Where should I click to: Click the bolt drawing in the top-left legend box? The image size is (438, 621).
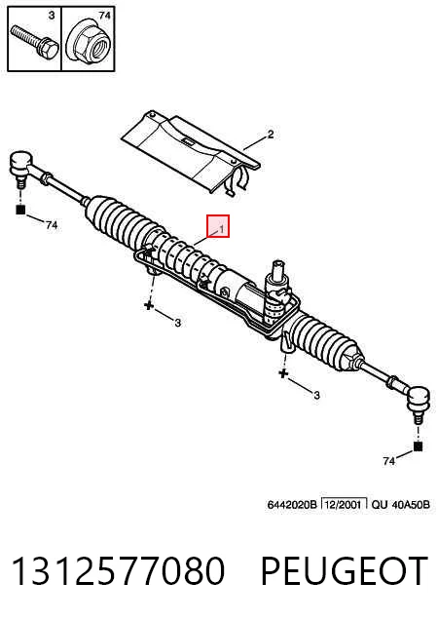point(35,42)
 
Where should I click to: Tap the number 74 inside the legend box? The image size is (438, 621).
point(104,16)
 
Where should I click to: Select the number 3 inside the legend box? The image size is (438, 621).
point(52,16)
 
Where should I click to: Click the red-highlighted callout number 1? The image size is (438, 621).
point(222,229)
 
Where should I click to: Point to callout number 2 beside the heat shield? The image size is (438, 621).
point(271,135)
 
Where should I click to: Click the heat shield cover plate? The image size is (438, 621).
point(190,152)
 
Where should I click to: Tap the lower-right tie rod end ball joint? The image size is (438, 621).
point(418,403)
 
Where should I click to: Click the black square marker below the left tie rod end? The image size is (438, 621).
point(20,210)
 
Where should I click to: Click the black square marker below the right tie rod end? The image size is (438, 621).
point(418,446)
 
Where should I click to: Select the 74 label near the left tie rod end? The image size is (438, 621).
point(52,225)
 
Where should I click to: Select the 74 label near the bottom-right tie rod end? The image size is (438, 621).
point(389,461)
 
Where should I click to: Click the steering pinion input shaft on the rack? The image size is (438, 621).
point(278,271)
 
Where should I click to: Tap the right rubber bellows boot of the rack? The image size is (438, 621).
point(329,339)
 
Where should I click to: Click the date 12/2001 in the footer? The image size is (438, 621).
point(343,505)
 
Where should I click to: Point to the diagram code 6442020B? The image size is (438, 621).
point(292,505)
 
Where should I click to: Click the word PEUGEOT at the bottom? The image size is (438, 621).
point(345,570)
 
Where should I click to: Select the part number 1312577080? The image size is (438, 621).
point(118,570)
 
